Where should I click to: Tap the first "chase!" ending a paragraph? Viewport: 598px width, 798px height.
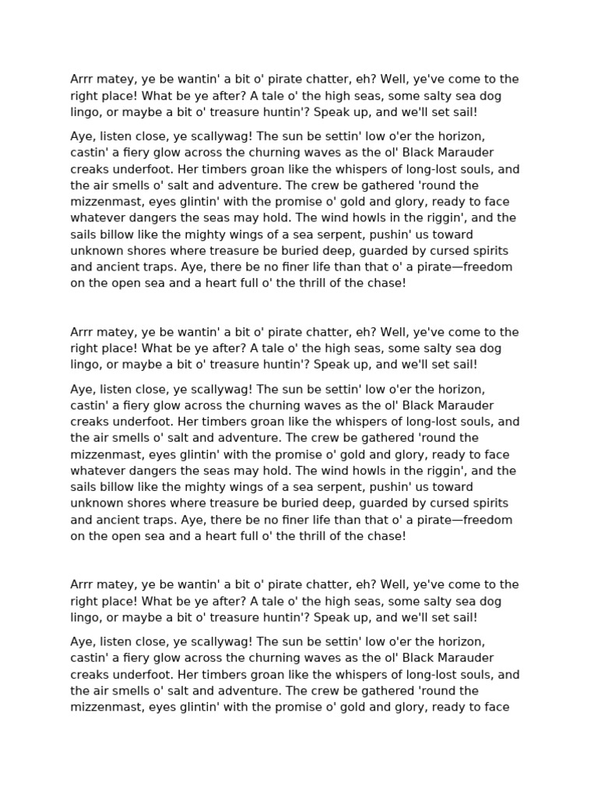point(387,283)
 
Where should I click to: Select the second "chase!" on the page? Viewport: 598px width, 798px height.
point(387,535)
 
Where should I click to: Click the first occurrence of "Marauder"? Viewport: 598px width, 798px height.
point(466,153)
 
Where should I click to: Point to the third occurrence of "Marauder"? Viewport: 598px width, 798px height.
point(466,658)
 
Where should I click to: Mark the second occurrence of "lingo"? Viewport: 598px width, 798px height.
point(86,364)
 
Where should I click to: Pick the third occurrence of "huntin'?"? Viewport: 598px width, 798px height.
point(297,617)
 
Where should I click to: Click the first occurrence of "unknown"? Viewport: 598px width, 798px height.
point(95,250)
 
